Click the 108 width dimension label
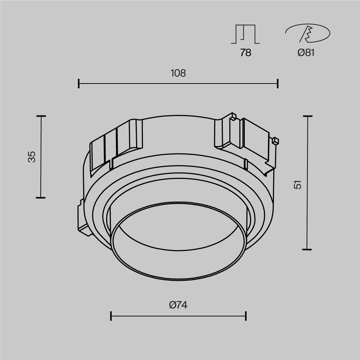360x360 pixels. [x=178, y=73]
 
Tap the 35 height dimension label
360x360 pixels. [x=32, y=157]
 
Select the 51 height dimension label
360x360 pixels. [x=298, y=185]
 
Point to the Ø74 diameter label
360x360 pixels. [x=178, y=305]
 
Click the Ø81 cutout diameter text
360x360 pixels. [x=306, y=53]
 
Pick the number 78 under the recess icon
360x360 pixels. [x=246, y=53]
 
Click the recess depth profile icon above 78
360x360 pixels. [x=245, y=34]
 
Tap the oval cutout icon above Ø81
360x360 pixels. [x=308, y=33]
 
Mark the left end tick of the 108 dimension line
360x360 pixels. [x=79, y=84]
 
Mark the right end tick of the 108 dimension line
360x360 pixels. [x=278, y=84]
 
